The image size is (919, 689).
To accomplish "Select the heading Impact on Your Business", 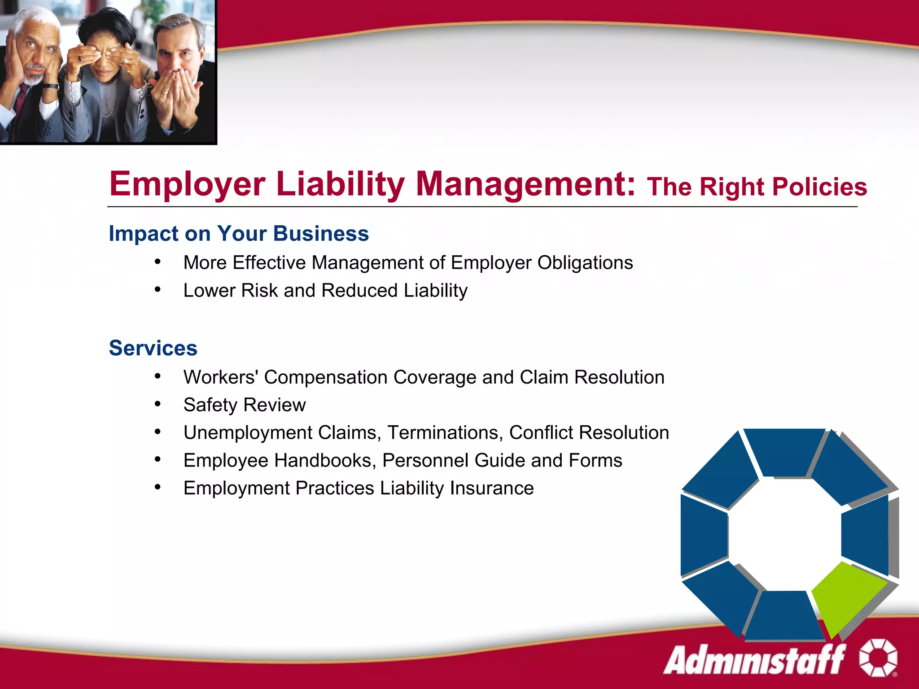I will click(x=239, y=234).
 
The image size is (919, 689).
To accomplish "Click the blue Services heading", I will click(x=153, y=348).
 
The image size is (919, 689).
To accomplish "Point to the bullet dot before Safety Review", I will click(x=158, y=404).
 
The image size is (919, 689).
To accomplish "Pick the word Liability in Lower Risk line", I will click(x=435, y=291).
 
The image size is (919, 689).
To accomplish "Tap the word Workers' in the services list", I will click(x=220, y=377).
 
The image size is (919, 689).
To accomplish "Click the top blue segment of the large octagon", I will click(x=783, y=451).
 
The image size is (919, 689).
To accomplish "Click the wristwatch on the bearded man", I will click(x=50, y=86).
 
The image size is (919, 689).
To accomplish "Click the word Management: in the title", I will click(x=525, y=184).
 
